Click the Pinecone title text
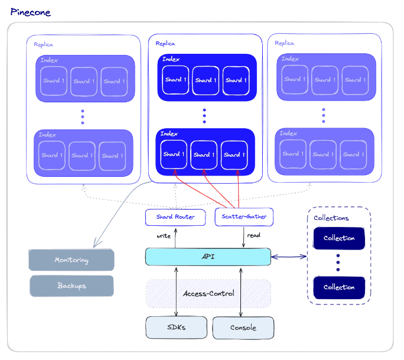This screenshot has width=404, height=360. [30, 12]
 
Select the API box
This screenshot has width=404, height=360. [208, 257]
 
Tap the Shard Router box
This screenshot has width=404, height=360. [175, 217]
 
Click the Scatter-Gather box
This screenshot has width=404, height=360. [244, 217]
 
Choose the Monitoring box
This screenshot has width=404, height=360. [71, 260]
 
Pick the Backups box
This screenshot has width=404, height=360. [71, 286]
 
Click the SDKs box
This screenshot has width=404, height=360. [176, 327]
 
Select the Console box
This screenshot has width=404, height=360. [243, 327]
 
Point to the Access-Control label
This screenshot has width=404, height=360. [208, 293]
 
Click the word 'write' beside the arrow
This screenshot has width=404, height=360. [164, 236]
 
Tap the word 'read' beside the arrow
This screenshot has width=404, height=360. [253, 235]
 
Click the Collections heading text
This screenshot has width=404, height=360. [331, 218]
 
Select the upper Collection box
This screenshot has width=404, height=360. [339, 238]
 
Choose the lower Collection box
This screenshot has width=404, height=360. [339, 287]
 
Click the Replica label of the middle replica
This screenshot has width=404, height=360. [165, 43]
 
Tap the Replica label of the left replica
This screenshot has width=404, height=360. [44, 44]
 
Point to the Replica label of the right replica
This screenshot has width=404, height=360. [285, 43]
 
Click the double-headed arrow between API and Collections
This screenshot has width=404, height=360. [289, 257]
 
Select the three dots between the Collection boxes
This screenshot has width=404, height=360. [338, 262]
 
